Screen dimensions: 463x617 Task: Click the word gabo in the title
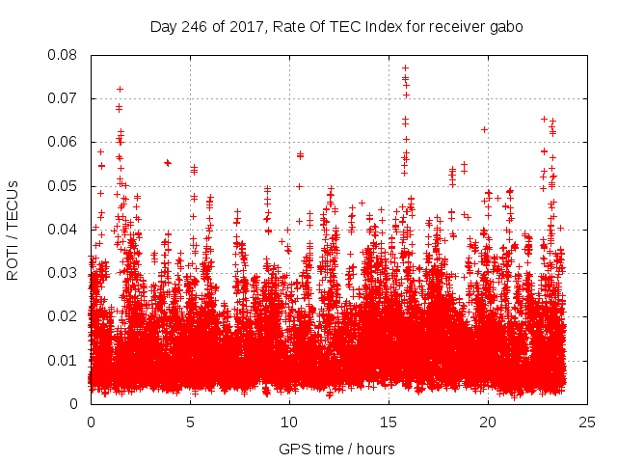(x=506, y=27)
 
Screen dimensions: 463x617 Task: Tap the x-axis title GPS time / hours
(x=336, y=449)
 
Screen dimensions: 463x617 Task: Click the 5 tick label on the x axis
(x=190, y=422)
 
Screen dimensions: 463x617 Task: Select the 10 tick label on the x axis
(x=289, y=422)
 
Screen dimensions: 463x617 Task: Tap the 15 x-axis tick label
(x=389, y=422)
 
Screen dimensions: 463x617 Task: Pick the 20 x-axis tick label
(x=488, y=422)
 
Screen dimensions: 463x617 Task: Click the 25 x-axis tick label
(x=587, y=422)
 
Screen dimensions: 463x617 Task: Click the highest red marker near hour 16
(x=405, y=68)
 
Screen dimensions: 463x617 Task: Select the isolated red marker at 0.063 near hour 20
(x=484, y=129)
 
